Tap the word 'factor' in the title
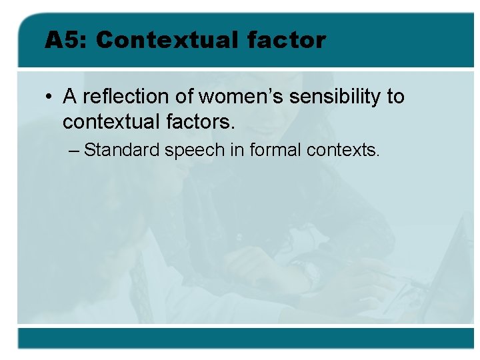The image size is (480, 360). (286, 40)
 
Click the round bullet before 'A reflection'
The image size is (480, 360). (50, 97)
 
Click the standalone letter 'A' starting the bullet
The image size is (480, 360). (69, 97)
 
